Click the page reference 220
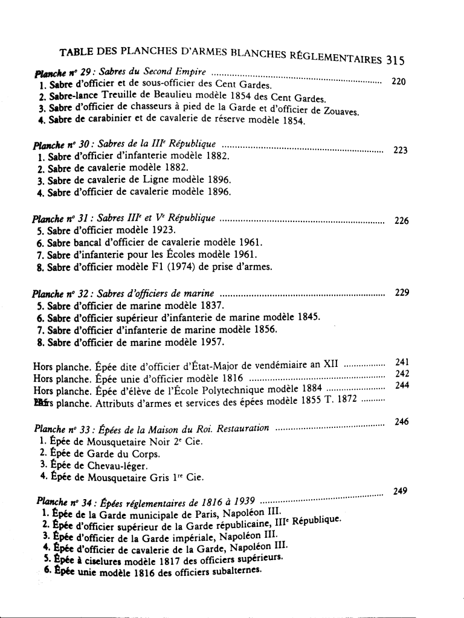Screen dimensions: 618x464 coord(399,81)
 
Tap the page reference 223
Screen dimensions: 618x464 coord(401,150)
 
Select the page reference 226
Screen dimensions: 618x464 coord(402,221)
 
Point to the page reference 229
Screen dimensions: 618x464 coord(402,293)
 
